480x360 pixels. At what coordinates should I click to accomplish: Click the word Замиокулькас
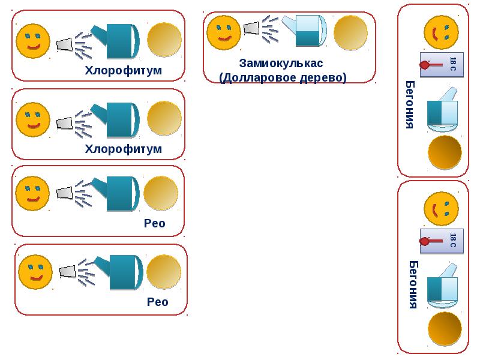281,63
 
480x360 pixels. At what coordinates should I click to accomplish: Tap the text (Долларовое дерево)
283,78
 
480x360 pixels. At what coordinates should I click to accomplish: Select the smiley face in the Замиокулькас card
223,32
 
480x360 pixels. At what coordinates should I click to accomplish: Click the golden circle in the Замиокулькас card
350,32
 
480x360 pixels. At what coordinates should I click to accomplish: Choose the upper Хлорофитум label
124,70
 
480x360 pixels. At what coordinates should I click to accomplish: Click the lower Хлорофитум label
124,148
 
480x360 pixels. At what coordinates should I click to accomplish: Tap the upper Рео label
154,224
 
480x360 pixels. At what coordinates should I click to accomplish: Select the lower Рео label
157,302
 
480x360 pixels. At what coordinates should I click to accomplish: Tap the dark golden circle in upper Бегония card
445,153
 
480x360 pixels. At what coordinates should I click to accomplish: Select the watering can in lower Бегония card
443,286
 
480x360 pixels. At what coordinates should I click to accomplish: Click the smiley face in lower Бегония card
441,209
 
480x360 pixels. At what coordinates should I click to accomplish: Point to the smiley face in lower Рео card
35,271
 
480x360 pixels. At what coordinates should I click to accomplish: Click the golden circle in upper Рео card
161,193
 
